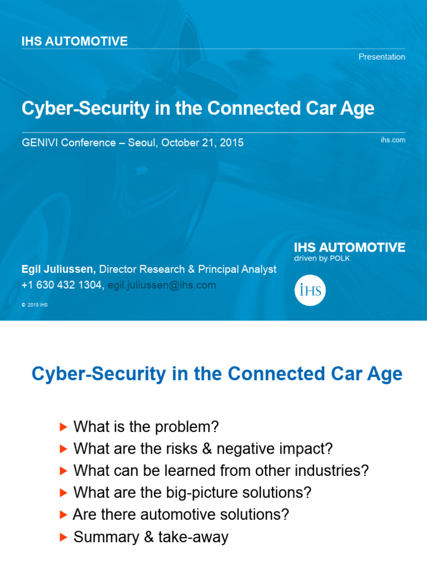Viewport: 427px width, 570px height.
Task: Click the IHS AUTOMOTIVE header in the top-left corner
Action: (x=75, y=41)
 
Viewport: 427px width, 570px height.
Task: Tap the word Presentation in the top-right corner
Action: (x=381, y=57)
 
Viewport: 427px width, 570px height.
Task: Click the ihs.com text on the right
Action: (x=393, y=140)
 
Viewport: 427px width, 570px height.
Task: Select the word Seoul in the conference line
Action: (x=142, y=142)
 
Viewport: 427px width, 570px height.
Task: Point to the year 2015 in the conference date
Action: (x=231, y=142)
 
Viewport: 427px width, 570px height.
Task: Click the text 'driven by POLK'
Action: (x=322, y=258)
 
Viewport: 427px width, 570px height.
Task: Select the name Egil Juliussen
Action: (x=58, y=269)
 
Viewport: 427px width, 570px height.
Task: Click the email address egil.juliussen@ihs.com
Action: (x=162, y=286)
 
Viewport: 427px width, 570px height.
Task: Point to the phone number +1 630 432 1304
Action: (x=62, y=286)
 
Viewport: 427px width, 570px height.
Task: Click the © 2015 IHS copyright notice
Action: (x=34, y=305)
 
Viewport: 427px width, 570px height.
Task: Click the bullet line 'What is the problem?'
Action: (x=146, y=427)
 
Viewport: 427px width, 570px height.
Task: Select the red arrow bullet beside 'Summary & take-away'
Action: (x=63, y=537)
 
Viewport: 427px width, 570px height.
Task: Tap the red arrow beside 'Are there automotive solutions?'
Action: (x=63, y=515)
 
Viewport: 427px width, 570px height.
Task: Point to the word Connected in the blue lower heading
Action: (x=273, y=374)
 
